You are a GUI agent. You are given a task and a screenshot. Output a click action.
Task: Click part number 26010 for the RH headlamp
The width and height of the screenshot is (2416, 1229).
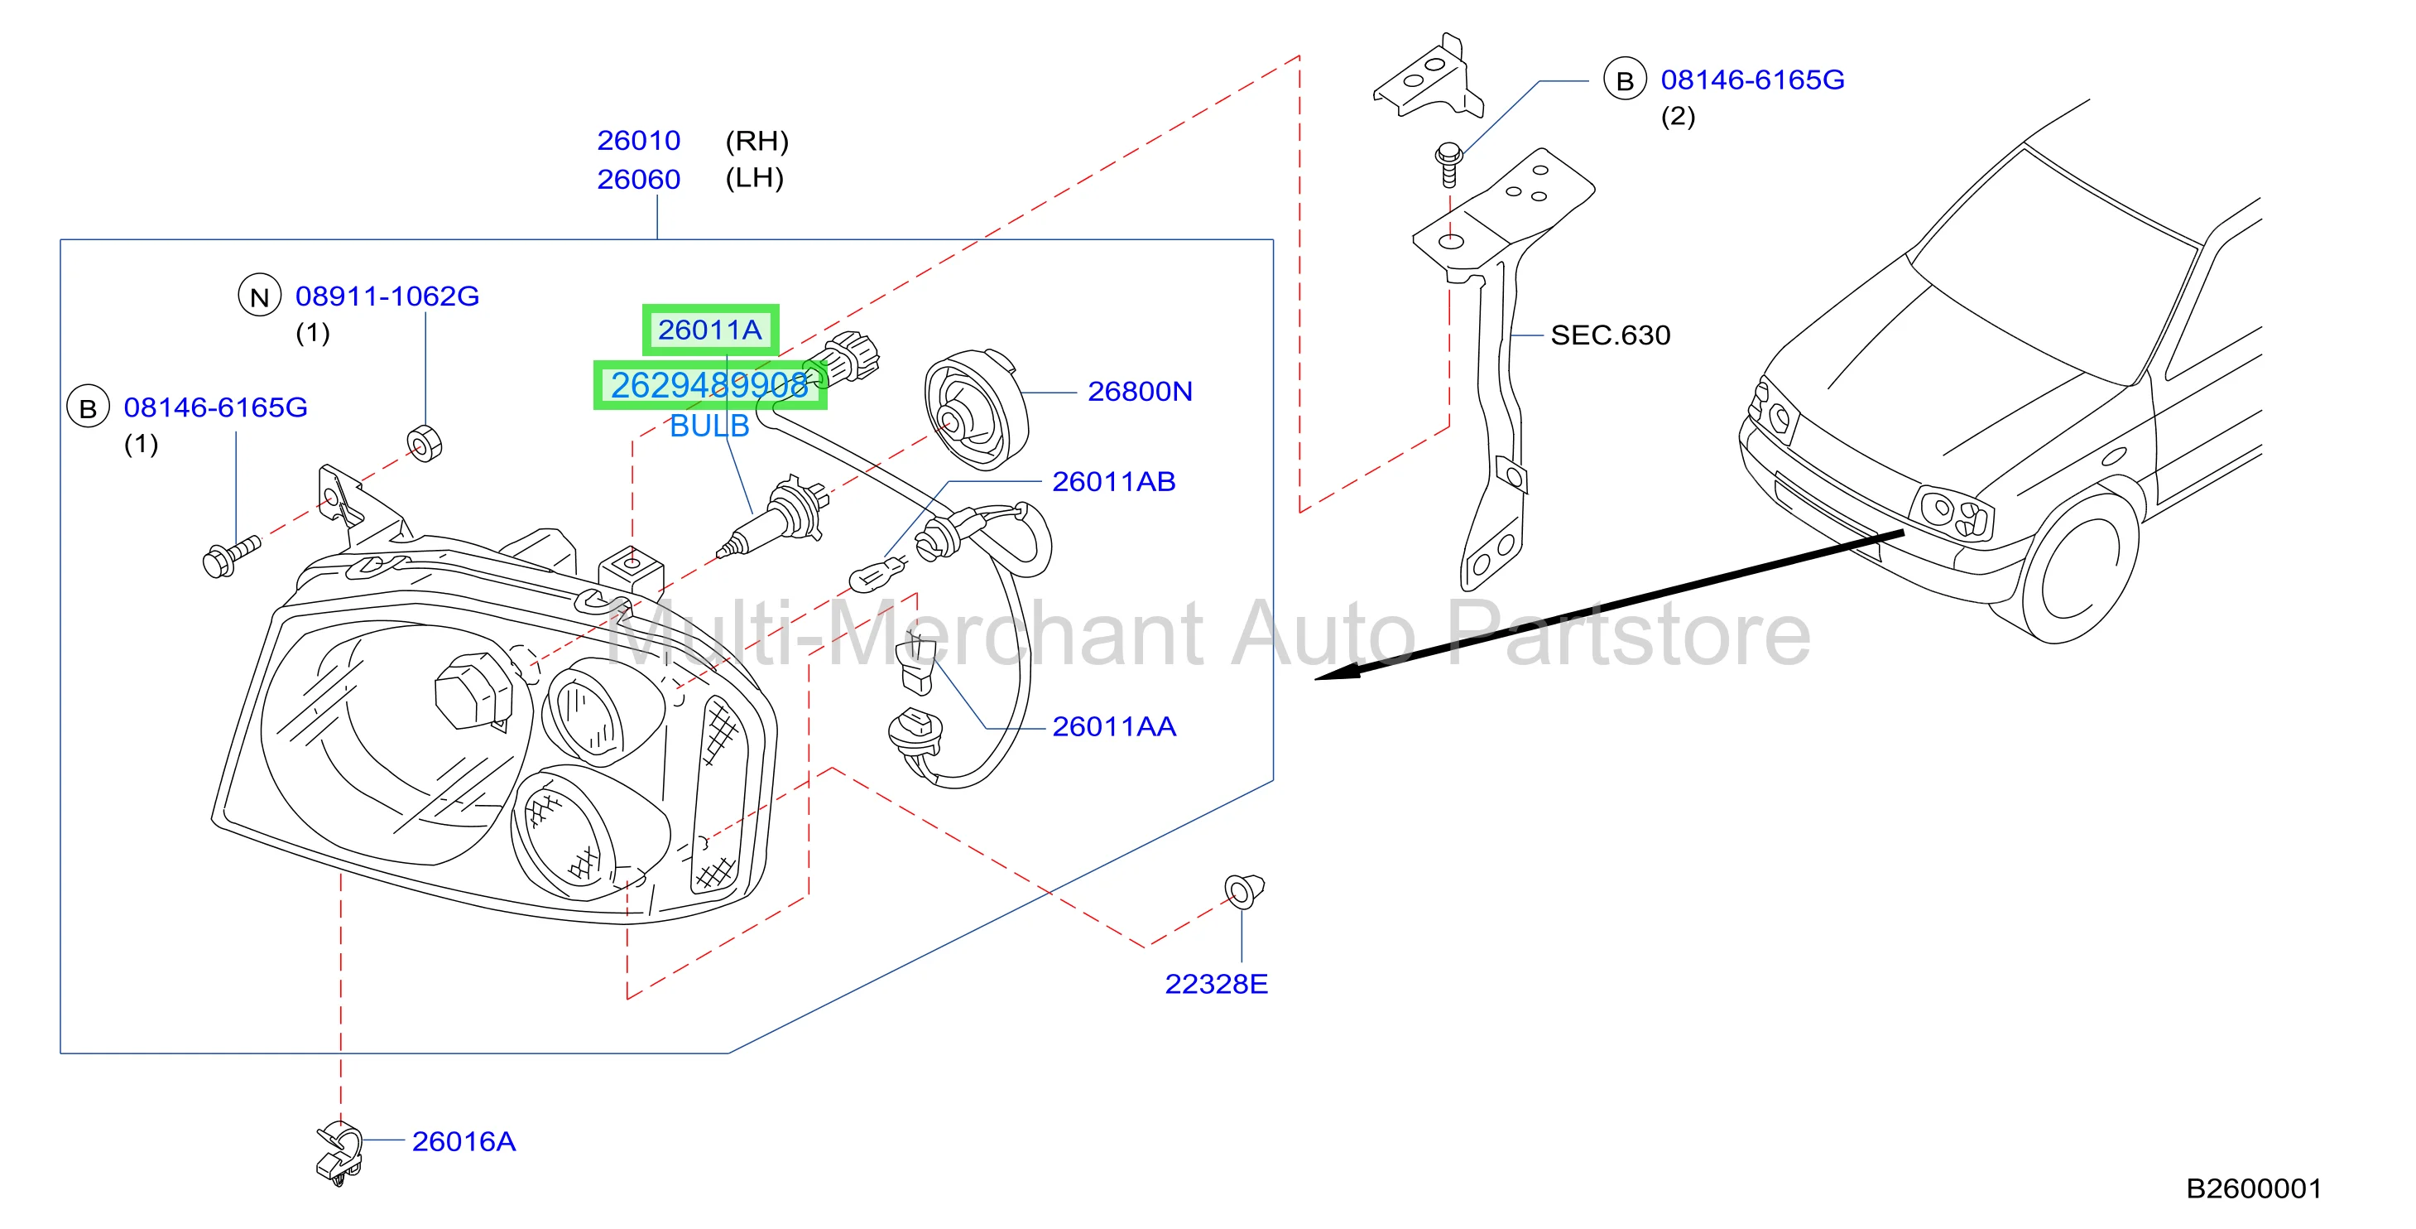(x=639, y=141)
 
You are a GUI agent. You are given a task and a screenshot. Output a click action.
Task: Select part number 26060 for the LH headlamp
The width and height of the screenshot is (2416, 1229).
(x=639, y=178)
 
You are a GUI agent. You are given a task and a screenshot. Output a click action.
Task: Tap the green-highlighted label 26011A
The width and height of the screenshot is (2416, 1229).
(x=710, y=330)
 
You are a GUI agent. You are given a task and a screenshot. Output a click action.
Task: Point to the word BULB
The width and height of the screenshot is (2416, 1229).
(x=709, y=426)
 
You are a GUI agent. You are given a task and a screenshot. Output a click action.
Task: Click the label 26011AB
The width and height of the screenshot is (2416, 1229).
(x=1113, y=481)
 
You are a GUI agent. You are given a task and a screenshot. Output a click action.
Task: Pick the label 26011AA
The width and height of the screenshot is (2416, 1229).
(x=1113, y=726)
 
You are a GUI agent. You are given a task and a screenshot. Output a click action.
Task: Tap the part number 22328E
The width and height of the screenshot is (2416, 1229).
(x=1216, y=983)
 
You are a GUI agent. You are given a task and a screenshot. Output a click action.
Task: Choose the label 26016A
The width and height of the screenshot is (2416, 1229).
(x=464, y=1141)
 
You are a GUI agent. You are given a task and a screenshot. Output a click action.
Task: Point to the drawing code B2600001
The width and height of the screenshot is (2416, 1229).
(x=2254, y=1188)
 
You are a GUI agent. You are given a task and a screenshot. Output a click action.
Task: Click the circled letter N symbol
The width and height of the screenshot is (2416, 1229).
(x=260, y=296)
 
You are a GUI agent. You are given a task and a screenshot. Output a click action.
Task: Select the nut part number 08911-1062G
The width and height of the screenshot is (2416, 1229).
(x=387, y=296)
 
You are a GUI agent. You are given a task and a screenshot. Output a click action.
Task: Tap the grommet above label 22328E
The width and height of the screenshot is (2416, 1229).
(x=1244, y=890)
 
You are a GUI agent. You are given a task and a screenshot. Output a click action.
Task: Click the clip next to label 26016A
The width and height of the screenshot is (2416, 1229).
(x=339, y=1152)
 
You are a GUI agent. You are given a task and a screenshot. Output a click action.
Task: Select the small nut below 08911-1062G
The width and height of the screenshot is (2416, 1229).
(x=424, y=443)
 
